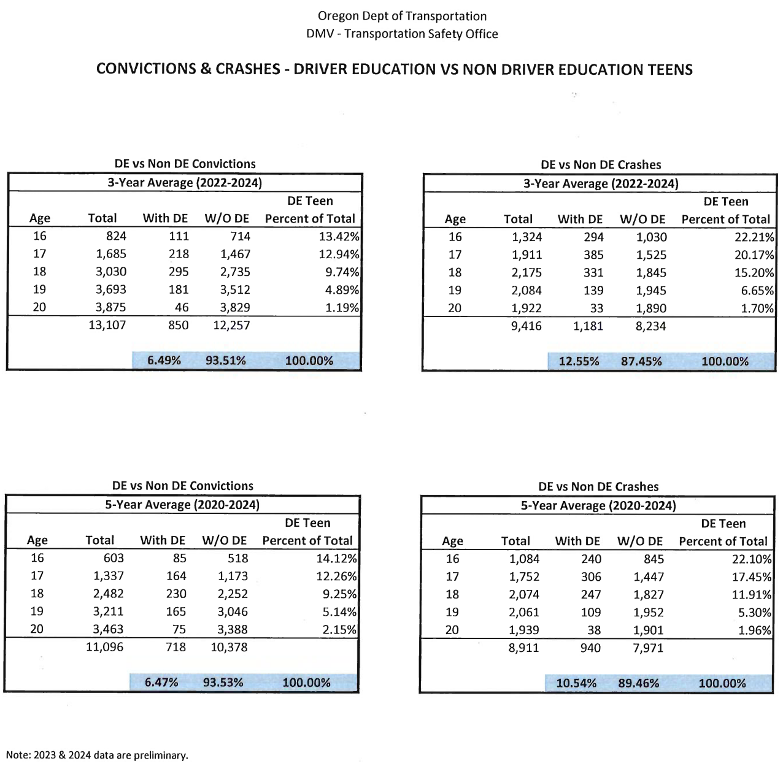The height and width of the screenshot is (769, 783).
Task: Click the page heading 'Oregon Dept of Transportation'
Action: [x=402, y=16]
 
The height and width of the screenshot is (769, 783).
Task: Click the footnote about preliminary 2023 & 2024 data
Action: [x=97, y=755]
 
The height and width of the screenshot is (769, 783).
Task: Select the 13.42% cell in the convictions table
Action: [x=342, y=236]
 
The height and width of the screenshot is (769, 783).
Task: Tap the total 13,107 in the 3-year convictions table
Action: [x=107, y=325]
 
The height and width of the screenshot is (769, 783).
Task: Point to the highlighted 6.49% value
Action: [x=164, y=361]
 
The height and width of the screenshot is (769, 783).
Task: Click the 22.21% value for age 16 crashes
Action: [x=754, y=237]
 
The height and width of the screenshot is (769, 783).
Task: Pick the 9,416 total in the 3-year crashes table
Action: [x=526, y=326]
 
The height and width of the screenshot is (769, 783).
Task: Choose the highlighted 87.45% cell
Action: [x=641, y=361]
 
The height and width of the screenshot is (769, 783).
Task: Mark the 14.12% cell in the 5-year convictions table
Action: [x=339, y=558]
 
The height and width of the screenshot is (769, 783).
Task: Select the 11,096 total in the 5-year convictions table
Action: [x=104, y=646]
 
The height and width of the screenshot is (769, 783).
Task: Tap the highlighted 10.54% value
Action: [x=576, y=683]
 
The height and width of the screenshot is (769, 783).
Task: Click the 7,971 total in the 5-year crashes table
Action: [x=648, y=648]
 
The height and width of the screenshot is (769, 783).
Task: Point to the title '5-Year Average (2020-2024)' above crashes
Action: [x=598, y=505]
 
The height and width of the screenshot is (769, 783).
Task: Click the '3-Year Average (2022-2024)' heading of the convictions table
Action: [x=185, y=182]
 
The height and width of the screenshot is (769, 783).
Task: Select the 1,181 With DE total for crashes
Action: [x=588, y=326]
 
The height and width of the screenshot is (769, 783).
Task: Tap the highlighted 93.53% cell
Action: [x=223, y=683]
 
